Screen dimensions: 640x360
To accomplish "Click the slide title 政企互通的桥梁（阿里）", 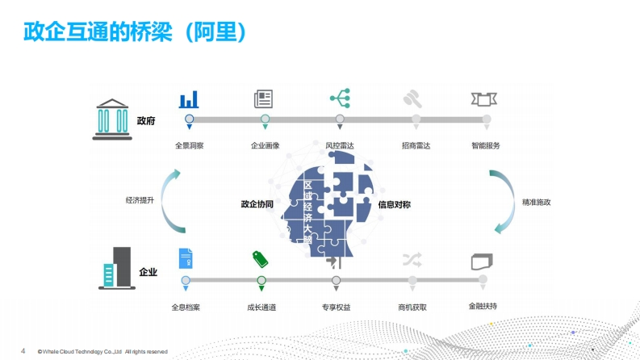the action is pyautogui.click(x=135, y=31).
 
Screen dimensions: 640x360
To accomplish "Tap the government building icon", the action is pyautogui.click(x=112, y=119).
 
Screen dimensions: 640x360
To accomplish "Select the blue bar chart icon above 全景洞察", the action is pyautogui.click(x=189, y=99).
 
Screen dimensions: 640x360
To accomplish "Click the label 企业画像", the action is pyautogui.click(x=265, y=146).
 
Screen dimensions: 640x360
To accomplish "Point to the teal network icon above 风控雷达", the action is pyautogui.click(x=341, y=98).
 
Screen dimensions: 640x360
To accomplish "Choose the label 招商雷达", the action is pyautogui.click(x=416, y=146).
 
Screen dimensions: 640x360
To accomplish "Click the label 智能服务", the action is pyautogui.click(x=486, y=146).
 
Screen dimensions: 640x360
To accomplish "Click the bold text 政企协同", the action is pyautogui.click(x=257, y=204).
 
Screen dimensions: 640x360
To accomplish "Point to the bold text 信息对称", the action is pyautogui.click(x=395, y=204).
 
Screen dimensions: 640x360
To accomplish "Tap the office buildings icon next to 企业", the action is pyautogui.click(x=117, y=268).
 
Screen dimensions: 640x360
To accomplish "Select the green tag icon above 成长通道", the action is pyautogui.click(x=260, y=259).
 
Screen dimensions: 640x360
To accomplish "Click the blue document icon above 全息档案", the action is pyautogui.click(x=186, y=258).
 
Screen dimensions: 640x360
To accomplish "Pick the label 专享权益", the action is pyautogui.click(x=336, y=308).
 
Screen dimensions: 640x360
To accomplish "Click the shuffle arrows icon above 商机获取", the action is pyautogui.click(x=412, y=260).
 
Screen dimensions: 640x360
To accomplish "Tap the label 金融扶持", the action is pyautogui.click(x=483, y=306).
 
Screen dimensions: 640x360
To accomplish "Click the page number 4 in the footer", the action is pyautogui.click(x=23, y=351).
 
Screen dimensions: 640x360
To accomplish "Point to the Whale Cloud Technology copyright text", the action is pyautogui.click(x=102, y=351).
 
